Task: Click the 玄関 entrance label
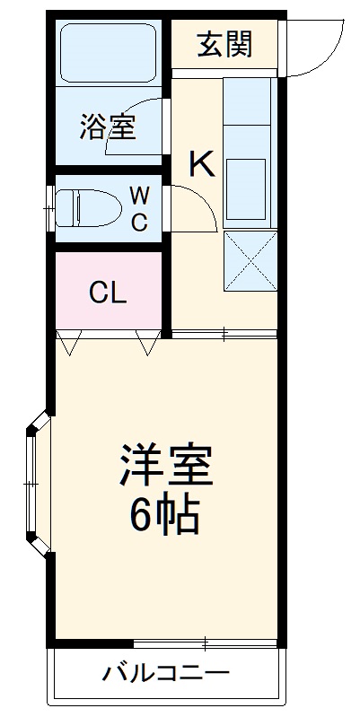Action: click(x=224, y=43)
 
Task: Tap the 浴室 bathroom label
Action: click(x=107, y=127)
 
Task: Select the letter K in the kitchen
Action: click(x=202, y=163)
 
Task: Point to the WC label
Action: click(x=140, y=209)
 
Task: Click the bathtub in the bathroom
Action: click(x=108, y=55)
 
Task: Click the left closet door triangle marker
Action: click(x=69, y=342)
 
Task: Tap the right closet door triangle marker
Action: click(x=147, y=342)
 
